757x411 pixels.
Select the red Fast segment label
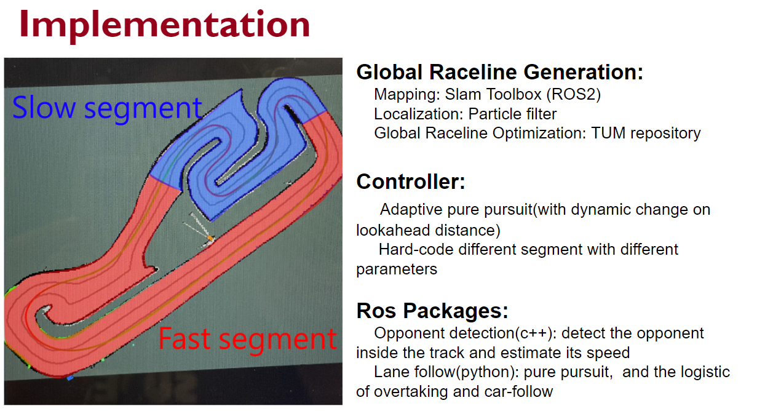point(247,340)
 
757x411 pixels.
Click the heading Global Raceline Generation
point(500,73)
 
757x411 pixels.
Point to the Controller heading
point(411,182)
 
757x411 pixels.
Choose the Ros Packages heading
point(432,311)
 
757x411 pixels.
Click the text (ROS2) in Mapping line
point(574,94)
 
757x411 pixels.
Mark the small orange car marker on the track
point(210,239)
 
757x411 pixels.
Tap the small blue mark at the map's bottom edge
point(70,378)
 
